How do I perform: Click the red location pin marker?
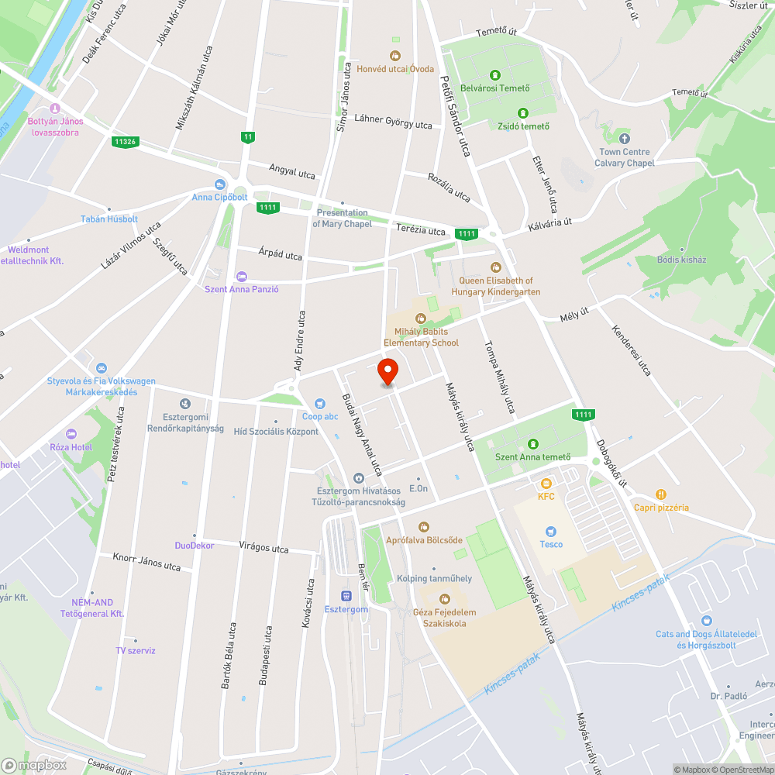point(387,372)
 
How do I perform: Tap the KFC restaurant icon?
point(546,484)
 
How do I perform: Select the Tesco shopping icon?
point(551,532)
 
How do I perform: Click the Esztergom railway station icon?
point(346,596)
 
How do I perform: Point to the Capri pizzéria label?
point(660,508)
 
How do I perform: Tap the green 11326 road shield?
point(124,141)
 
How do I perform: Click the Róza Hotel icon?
point(72,434)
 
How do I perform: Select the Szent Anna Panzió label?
point(241,289)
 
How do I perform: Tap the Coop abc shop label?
point(320,416)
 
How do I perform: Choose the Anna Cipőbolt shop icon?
point(219,184)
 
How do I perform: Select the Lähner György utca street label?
point(392,121)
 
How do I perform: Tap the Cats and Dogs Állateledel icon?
point(706,621)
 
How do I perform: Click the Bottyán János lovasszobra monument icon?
point(54,108)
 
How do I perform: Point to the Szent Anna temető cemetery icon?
point(533,444)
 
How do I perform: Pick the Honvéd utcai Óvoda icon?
point(395,56)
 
